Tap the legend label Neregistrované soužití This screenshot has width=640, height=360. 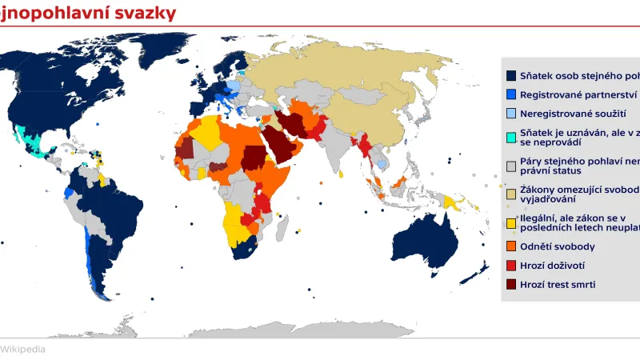coord(573,114)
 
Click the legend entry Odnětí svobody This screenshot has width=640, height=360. coord(558,246)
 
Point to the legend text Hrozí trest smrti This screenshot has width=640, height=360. coord(558,284)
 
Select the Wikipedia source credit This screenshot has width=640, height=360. coord(22,349)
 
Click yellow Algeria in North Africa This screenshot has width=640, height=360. coord(207,131)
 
